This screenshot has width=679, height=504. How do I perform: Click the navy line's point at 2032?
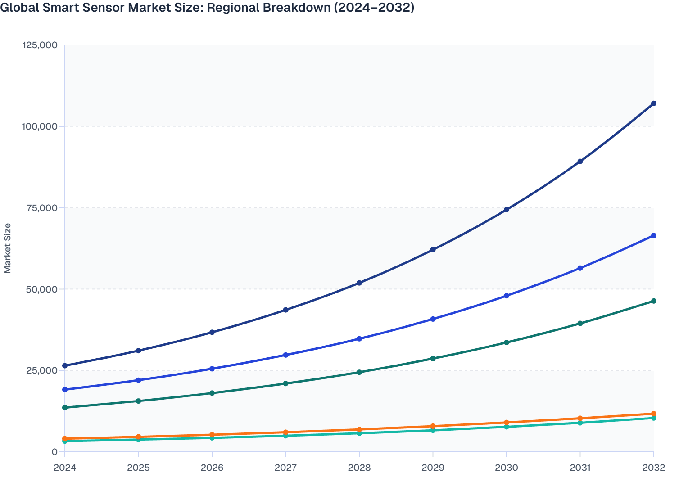pos(654,103)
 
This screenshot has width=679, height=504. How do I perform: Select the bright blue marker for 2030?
pos(507,296)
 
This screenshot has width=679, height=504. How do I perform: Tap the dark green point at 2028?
pos(359,372)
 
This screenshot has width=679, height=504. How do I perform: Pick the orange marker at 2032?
pos(654,414)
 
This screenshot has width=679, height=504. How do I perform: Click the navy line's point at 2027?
pos(285,310)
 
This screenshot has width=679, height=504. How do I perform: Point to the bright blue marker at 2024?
pos(65,389)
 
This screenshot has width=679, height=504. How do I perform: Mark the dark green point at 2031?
pos(580,323)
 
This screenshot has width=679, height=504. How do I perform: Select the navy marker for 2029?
pos(433,249)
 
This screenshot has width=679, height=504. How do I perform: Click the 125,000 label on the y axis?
pos(40,45)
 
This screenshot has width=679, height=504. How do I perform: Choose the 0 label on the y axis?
pos(54,452)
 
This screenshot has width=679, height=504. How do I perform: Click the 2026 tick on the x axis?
pos(212,468)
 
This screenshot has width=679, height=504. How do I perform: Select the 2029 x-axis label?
pos(433,468)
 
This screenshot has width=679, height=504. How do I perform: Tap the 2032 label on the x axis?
pos(654,468)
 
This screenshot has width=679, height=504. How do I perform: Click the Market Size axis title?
pos(8,248)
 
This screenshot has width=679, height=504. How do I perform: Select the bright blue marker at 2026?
pos(212,369)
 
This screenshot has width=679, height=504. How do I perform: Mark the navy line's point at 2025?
pos(138,351)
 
